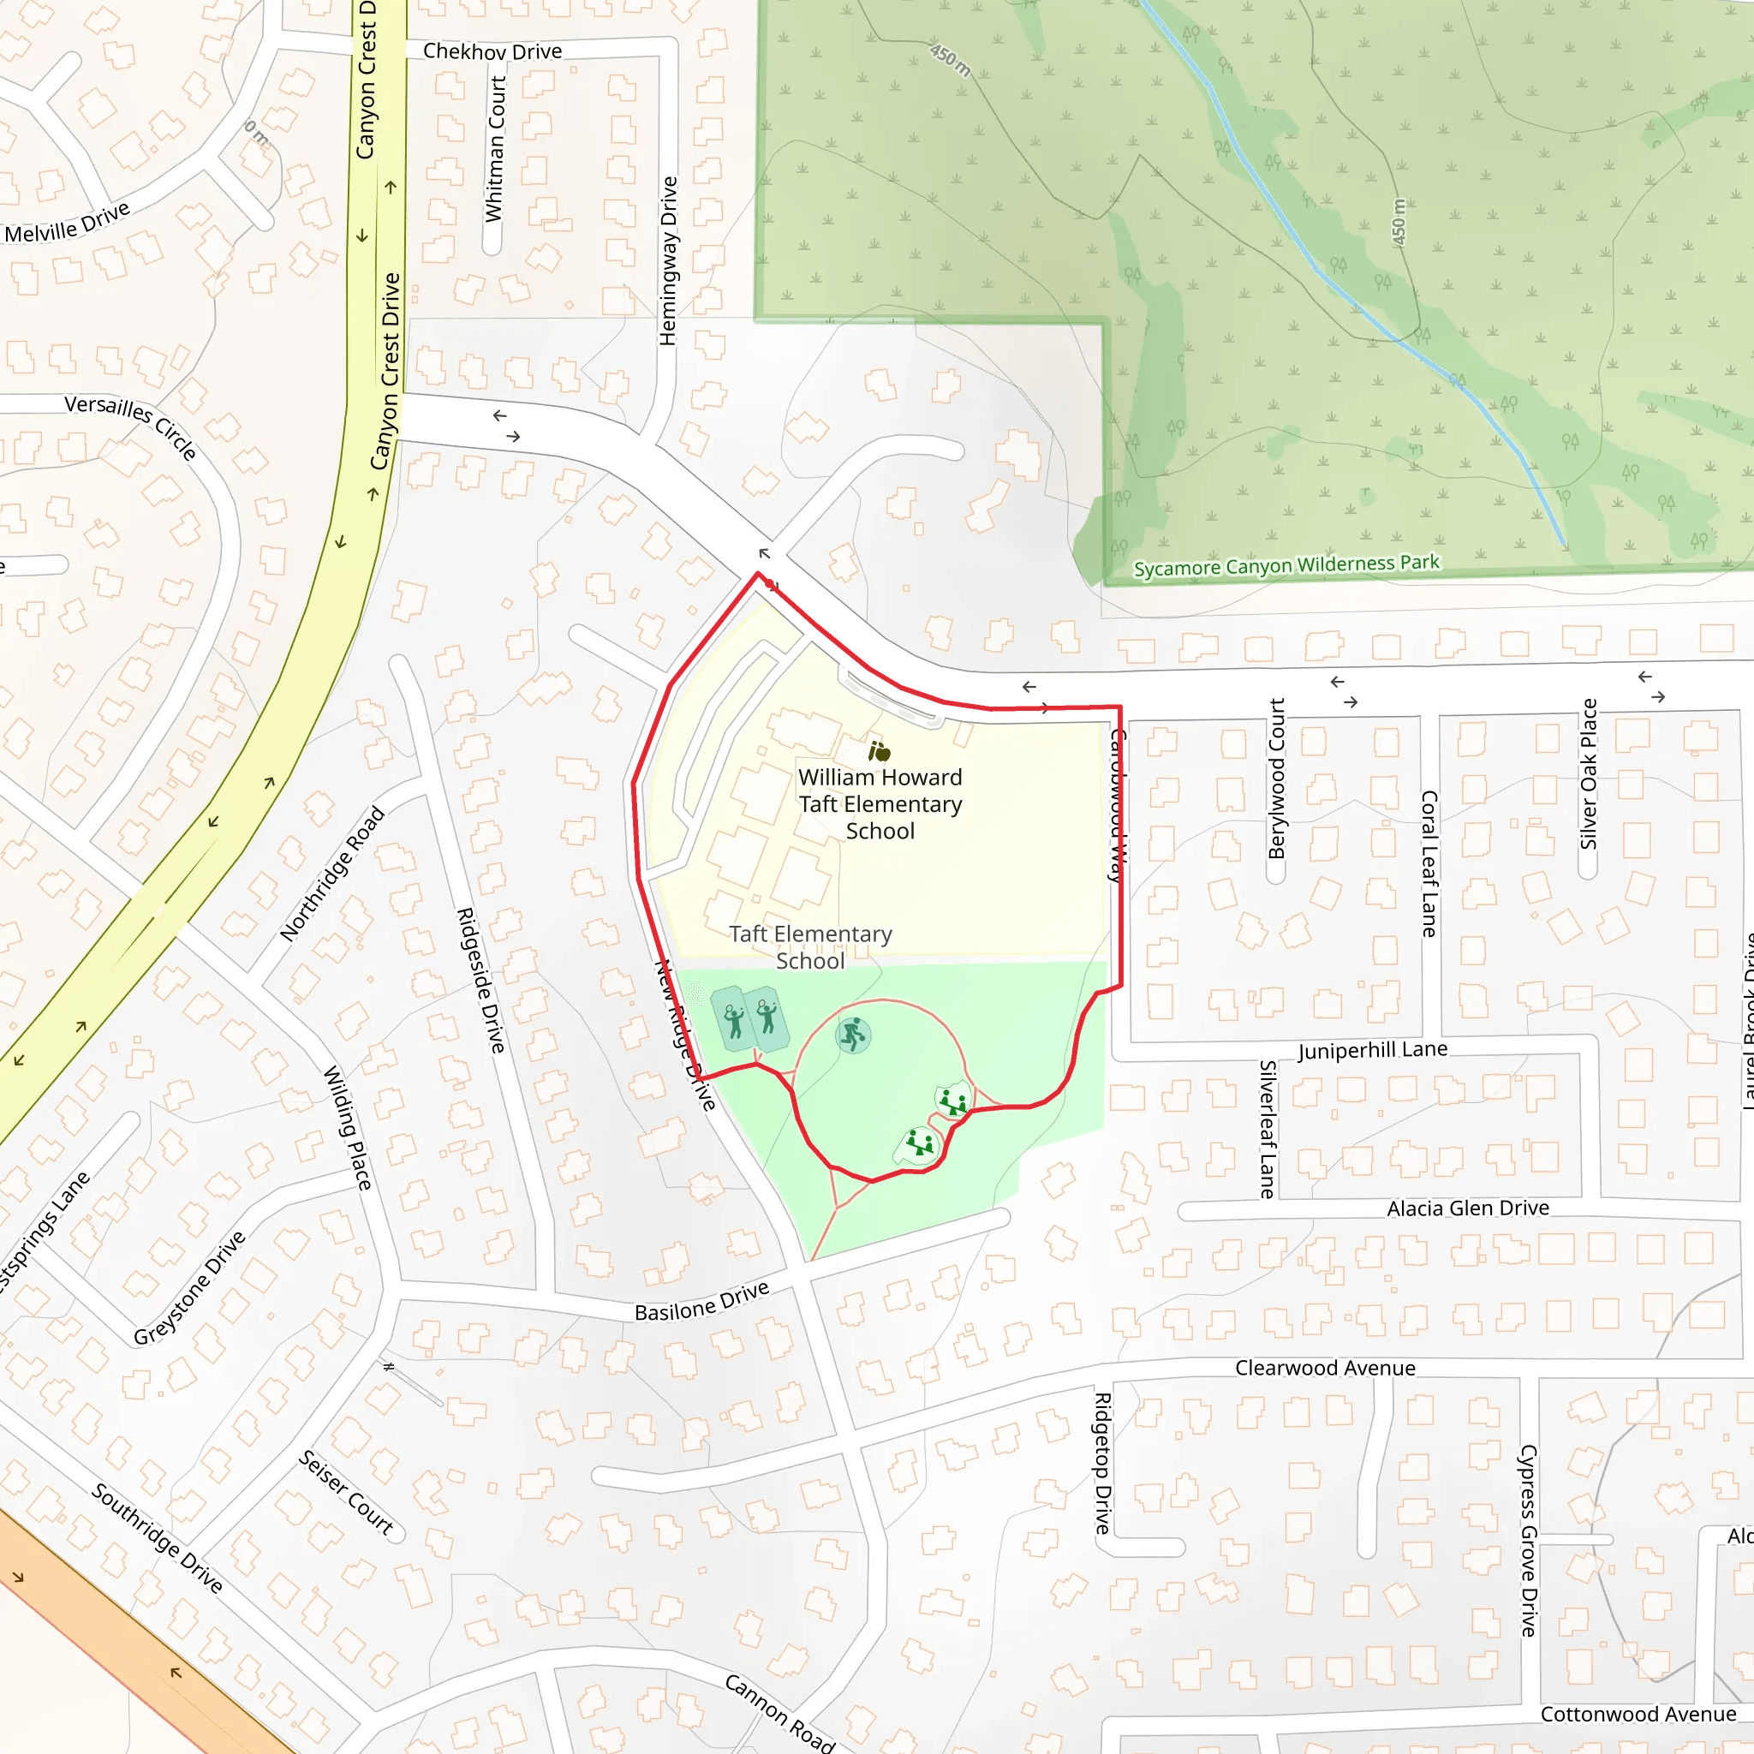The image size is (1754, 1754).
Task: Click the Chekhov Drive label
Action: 492,51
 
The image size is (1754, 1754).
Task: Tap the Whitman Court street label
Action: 495,149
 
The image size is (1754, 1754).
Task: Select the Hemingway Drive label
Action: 668,260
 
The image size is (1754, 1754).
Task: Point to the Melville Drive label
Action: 67,224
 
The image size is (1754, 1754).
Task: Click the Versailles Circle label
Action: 131,427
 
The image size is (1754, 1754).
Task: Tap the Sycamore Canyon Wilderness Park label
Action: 1286,565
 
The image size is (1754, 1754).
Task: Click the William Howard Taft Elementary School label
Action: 880,804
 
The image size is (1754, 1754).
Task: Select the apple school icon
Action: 879,752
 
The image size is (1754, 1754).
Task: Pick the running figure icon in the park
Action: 853,1035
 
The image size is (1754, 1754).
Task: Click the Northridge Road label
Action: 332,874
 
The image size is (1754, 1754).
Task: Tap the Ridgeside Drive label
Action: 480,980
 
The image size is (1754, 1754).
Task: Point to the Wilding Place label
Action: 348,1128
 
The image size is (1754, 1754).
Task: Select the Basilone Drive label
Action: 701,1302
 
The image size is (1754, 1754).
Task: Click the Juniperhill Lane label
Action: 1372,1050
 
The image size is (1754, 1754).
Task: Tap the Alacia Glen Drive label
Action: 1467,1208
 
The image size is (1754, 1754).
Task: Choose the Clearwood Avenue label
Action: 1325,1368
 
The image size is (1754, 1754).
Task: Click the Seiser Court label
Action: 346,1493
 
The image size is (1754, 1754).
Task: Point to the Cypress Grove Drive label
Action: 1529,1541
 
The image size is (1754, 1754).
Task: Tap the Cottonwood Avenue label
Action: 1638,1714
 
